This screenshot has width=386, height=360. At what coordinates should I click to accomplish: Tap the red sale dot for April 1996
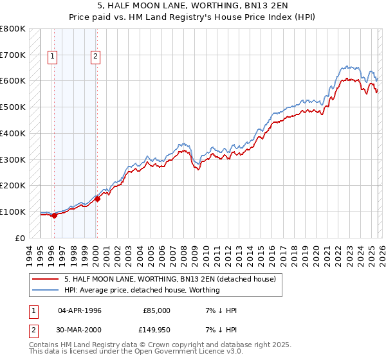[54, 215]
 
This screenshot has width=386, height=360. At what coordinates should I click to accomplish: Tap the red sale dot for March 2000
[97, 199]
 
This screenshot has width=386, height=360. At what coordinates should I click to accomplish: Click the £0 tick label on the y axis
[21, 238]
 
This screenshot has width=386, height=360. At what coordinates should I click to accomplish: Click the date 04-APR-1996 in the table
[80, 310]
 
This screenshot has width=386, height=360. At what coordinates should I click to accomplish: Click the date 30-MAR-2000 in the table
[80, 329]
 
